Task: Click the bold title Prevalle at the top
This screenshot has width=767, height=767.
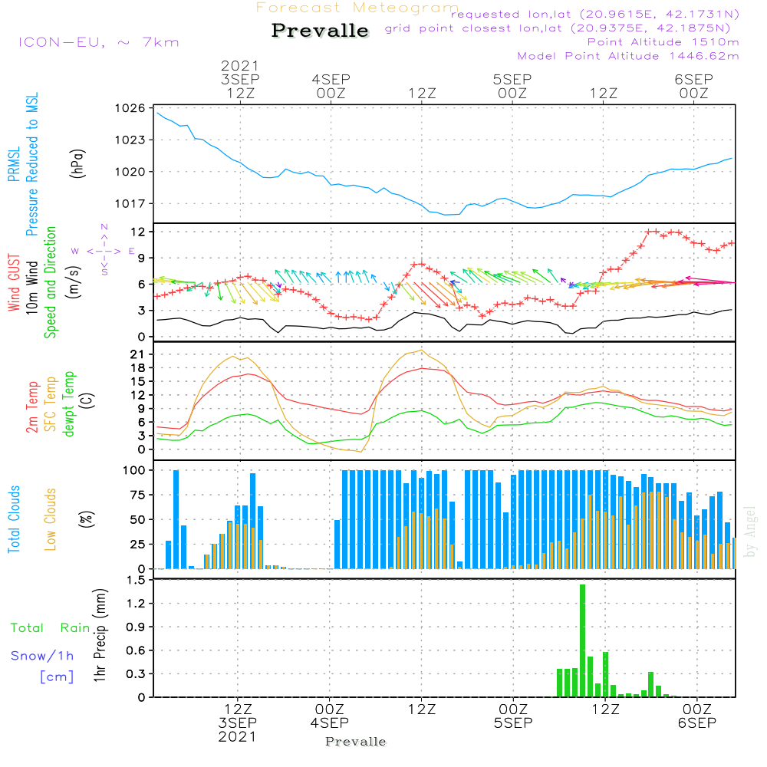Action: tap(320, 31)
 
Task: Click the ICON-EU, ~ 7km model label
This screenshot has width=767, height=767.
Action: tap(98, 42)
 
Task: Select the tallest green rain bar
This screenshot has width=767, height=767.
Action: tap(582, 640)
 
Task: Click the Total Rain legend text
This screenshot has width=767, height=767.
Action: tap(50, 628)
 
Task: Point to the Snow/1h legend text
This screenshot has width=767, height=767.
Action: tap(42, 656)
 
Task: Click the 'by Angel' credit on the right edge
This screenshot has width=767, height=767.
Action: tap(750, 531)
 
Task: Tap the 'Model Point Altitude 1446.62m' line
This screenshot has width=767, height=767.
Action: tap(628, 56)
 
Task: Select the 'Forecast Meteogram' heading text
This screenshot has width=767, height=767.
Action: tap(357, 8)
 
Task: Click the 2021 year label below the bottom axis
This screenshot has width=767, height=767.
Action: tap(237, 736)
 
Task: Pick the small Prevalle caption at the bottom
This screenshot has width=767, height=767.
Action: tap(356, 742)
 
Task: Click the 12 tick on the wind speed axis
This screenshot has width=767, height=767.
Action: tap(139, 232)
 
